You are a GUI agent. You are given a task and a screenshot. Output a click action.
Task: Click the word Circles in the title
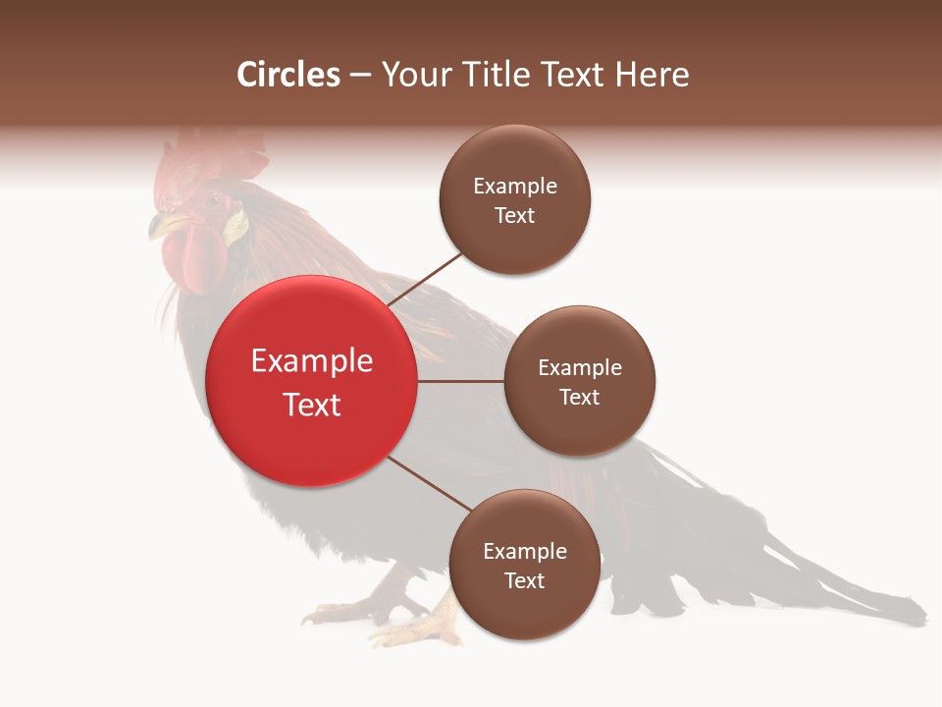coord(288,75)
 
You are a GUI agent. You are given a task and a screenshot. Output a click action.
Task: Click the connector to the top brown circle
coord(425,279)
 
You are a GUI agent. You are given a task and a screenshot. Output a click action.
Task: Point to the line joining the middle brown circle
coord(460,381)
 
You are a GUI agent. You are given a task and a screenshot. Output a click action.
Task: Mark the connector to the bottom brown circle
coord(429,484)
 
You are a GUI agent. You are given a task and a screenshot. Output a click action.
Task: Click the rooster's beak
coord(157,228)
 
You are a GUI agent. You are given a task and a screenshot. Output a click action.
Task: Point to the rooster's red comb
coord(211,157)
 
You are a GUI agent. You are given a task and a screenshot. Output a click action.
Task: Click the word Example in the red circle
coord(311,361)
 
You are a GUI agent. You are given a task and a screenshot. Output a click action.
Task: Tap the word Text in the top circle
coord(514,216)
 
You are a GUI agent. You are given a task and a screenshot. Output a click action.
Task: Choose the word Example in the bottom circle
coord(524,552)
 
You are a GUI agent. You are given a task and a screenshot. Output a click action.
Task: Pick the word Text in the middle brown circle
coord(579,398)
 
